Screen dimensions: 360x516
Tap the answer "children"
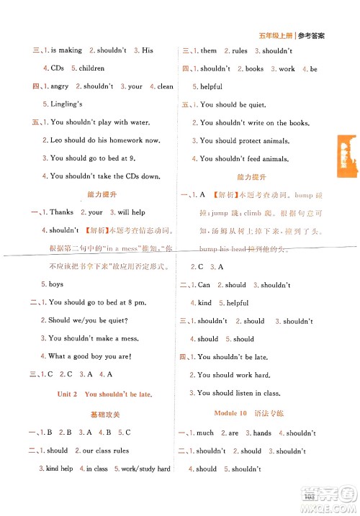[88, 68]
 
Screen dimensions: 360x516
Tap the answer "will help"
[131, 212]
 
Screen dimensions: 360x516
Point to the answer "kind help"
[59, 469]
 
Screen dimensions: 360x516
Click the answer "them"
[209, 51]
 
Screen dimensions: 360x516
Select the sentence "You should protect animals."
[246, 141]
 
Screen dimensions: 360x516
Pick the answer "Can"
[204, 285]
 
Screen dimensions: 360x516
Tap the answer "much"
[205, 433]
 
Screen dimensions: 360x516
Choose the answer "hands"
[262, 433]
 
